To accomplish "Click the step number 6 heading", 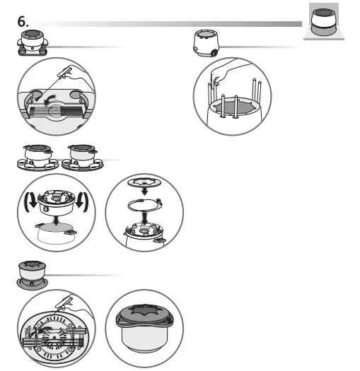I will [22, 22].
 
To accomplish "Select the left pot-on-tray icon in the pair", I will [37, 158].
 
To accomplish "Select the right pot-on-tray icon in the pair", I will [84, 158].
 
